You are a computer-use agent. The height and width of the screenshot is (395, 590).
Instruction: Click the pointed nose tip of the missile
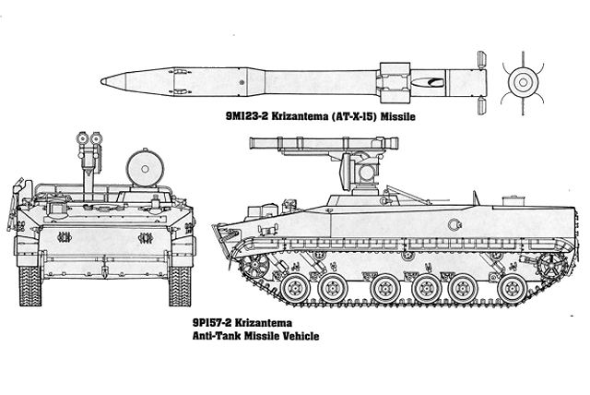point(101,81)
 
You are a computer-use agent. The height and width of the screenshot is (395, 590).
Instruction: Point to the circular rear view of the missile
point(523,82)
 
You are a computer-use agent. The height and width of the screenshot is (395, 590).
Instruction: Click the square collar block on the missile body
point(395,82)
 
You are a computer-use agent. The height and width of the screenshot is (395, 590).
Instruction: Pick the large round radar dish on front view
point(145,169)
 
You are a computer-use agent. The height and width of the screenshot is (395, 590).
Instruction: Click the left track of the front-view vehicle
point(30,286)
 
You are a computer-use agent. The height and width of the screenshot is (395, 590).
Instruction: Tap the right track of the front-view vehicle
point(180,286)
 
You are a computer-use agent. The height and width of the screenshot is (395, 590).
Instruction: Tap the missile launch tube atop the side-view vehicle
point(324,143)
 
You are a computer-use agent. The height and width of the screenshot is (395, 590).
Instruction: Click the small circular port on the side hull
point(454,225)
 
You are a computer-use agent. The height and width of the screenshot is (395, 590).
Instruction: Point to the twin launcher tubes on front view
point(89,138)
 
